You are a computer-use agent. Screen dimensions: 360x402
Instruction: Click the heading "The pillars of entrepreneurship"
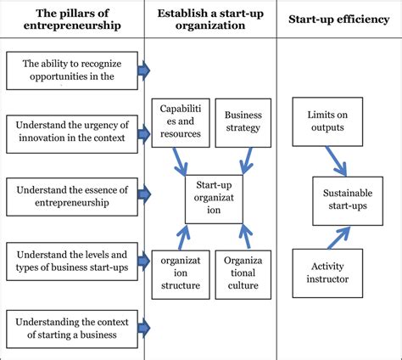[71, 20]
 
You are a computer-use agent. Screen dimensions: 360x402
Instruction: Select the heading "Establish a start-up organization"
[211, 20]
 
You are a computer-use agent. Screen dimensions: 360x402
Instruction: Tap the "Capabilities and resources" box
[179, 120]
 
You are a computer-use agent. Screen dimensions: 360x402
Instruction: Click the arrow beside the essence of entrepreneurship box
[143, 194]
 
